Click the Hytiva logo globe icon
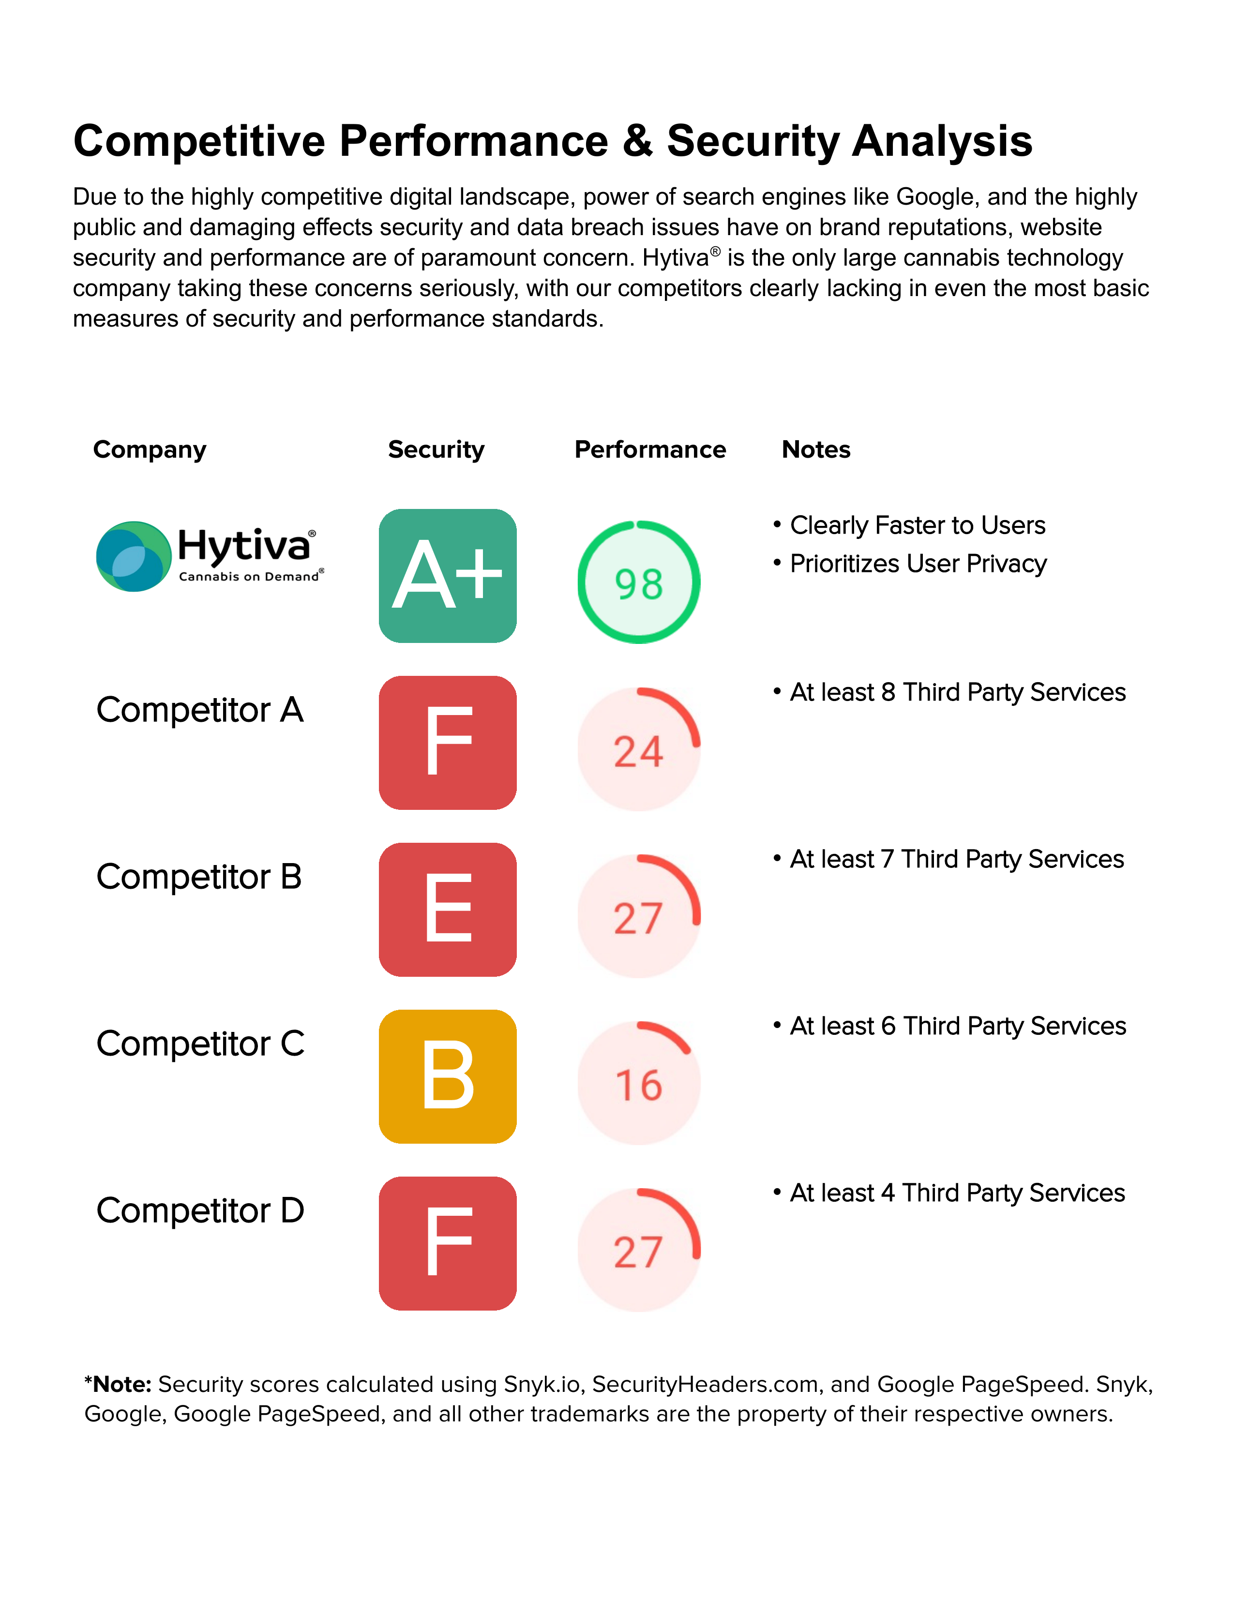click(x=133, y=556)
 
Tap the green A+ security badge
click(x=448, y=576)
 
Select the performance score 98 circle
click(x=639, y=582)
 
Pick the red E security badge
click(x=448, y=909)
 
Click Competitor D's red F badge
click(x=448, y=1243)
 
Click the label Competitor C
click(x=200, y=1044)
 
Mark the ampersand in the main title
click(x=637, y=141)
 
